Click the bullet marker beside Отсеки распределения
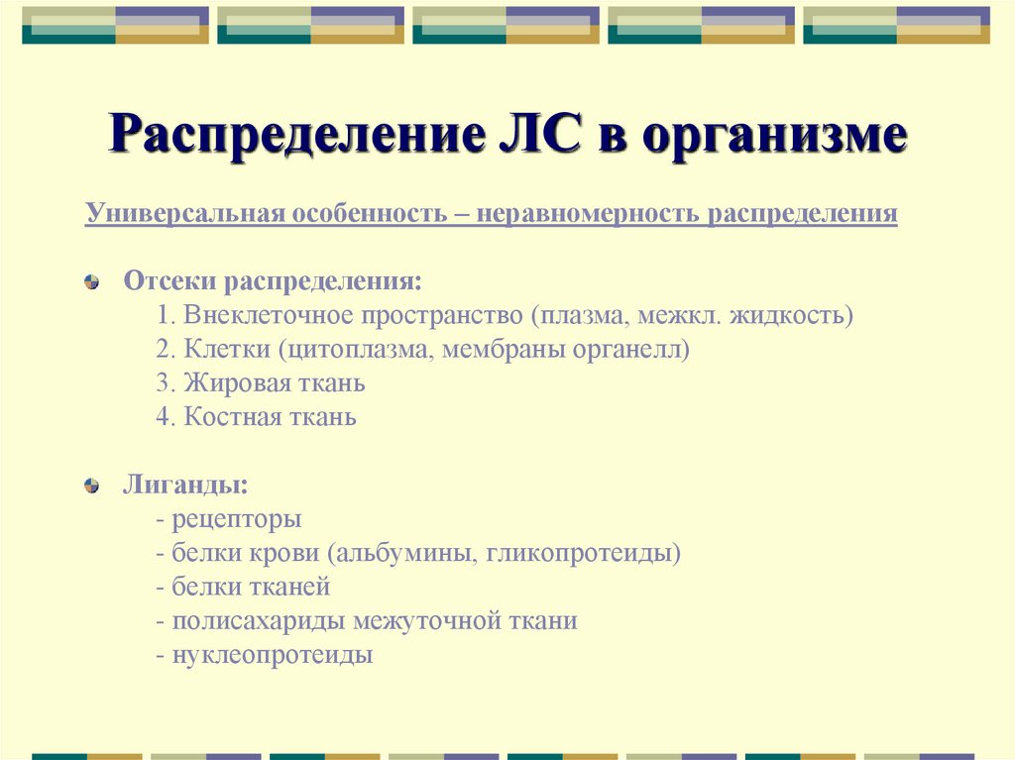[x=92, y=282]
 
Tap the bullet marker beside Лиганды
[x=92, y=486]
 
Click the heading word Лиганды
[x=185, y=487]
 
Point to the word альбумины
[x=407, y=553]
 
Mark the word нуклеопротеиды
[x=273, y=655]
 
